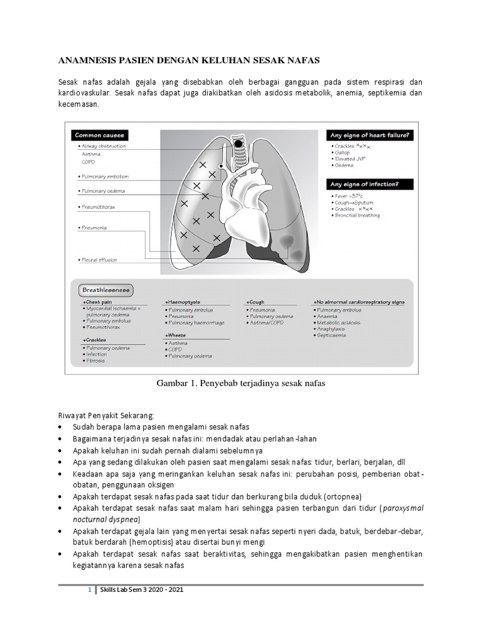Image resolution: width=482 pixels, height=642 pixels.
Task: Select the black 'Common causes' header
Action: coord(100,135)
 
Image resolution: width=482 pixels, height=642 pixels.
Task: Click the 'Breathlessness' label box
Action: coord(105,290)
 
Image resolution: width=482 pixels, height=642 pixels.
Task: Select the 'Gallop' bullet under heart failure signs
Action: coord(343,152)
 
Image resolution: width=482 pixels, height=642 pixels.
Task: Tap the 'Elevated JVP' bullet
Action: coord(350,159)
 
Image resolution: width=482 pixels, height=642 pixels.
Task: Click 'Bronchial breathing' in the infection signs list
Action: coord(357,216)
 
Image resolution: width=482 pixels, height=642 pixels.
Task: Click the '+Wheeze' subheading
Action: coord(175,335)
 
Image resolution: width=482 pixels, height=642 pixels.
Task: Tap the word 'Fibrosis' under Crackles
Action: coord(95,361)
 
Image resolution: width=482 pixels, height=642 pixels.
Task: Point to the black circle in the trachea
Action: coord(239,144)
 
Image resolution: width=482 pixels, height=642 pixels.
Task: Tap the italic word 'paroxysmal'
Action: coord(403,508)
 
